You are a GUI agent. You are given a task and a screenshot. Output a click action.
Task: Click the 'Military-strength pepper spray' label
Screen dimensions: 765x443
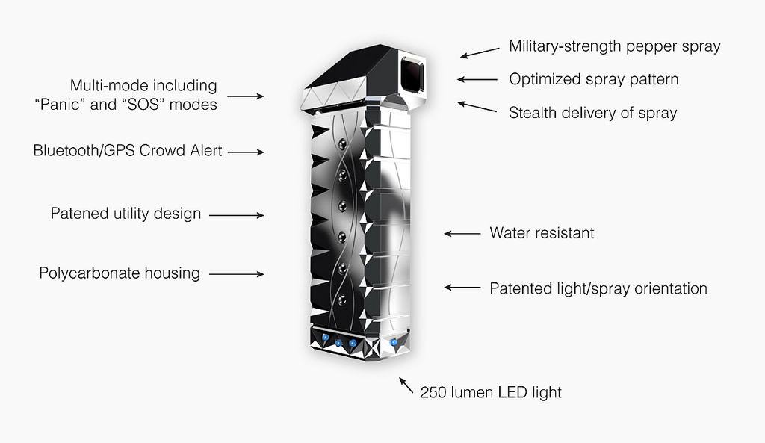[614, 46]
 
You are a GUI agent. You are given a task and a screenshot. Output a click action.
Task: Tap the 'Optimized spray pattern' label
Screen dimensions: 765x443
[593, 79]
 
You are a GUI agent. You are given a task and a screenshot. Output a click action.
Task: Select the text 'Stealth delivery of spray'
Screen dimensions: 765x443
[592, 113]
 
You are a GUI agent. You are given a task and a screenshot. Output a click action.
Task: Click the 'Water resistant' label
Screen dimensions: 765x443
[542, 233]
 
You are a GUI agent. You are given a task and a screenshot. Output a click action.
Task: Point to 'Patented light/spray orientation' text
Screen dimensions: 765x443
[598, 288]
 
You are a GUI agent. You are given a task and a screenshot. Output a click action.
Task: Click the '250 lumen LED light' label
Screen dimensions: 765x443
[491, 392]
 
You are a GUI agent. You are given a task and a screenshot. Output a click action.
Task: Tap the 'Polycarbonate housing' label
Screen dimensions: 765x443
[120, 273]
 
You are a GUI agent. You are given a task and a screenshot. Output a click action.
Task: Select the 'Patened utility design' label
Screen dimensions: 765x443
[126, 214]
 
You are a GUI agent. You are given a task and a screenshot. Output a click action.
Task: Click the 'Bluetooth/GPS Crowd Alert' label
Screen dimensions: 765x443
[127, 150]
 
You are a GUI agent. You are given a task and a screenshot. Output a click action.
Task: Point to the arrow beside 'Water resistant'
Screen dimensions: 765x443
[462, 234]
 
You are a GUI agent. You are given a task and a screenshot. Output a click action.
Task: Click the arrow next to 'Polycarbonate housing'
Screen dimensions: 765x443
[237, 274]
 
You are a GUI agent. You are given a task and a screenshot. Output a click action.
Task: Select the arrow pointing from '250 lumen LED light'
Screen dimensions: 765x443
[406, 385]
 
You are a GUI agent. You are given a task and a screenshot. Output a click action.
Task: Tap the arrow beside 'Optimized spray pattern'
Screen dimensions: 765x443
[477, 79]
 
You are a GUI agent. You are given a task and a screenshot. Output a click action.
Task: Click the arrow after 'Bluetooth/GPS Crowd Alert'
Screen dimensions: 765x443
[246, 152]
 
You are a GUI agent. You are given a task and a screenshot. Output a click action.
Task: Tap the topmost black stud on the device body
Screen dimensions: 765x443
[342, 144]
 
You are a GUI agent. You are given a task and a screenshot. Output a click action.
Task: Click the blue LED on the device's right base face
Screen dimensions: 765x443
[393, 342]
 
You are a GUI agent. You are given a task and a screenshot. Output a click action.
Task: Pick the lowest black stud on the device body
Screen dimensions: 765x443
[342, 299]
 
